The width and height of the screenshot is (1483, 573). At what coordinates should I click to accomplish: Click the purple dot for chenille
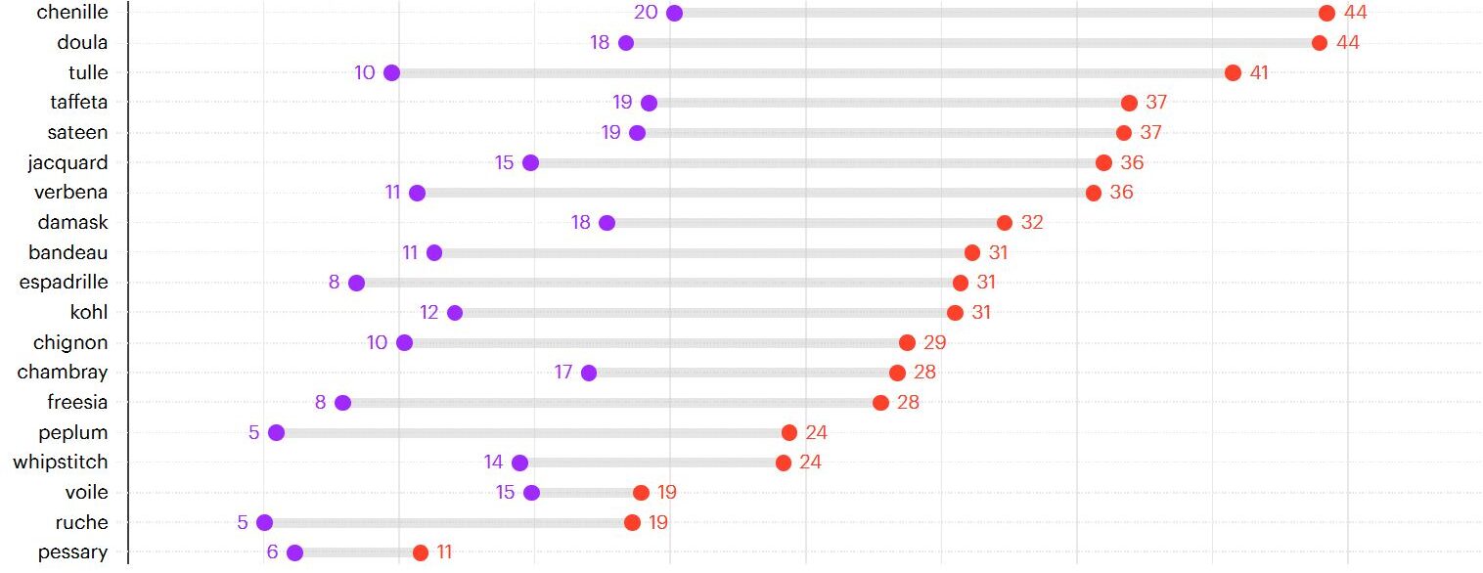point(674,13)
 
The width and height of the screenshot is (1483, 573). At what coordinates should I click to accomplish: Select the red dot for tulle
point(1233,72)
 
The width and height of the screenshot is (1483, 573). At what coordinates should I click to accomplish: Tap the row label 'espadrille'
point(64,283)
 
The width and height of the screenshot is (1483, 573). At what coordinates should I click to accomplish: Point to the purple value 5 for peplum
point(253,432)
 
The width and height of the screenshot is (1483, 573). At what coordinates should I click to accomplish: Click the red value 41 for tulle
point(1259,72)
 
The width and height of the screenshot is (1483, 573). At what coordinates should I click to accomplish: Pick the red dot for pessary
point(421,552)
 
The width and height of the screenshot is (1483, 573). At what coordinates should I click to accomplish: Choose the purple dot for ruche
point(264,522)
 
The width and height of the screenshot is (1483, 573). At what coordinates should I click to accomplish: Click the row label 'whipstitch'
point(61,462)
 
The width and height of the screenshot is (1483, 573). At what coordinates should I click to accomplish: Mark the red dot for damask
point(1005,223)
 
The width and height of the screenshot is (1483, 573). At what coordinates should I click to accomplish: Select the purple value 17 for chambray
point(563,373)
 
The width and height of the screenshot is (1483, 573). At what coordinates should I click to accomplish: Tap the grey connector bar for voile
point(586,493)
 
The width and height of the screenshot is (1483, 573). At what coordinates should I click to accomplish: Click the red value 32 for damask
point(1032,223)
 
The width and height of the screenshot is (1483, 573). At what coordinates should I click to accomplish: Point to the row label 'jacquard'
point(67,162)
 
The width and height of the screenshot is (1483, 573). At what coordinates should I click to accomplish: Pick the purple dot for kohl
point(455,313)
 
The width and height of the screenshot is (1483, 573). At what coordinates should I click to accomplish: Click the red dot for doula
point(1320,43)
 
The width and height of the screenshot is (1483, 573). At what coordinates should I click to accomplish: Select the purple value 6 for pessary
point(272,552)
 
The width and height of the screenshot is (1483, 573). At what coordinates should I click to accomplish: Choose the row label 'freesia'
point(77,402)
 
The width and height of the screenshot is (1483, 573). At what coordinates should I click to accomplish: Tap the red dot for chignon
point(907,342)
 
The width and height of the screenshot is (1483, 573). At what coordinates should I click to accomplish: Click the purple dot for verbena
point(417,193)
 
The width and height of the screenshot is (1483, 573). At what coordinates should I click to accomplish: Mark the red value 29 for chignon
point(934,342)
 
